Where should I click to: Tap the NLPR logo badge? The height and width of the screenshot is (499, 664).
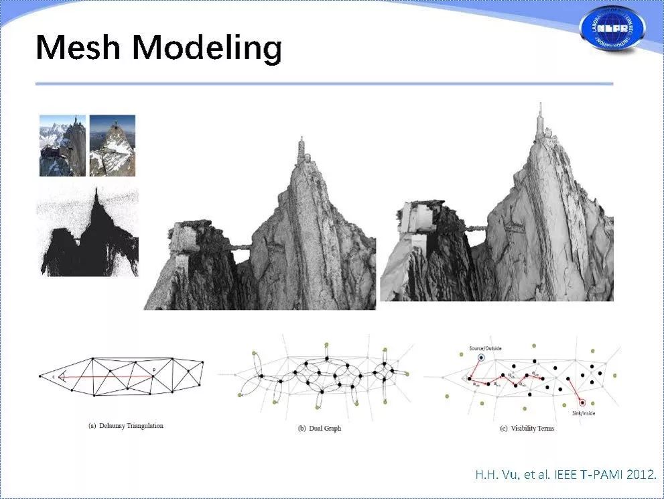pyautogui.click(x=612, y=29)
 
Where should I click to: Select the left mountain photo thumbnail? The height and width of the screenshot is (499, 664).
pyautogui.click(x=62, y=146)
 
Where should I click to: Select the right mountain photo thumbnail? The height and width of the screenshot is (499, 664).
pyautogui.click(x=113, y=146)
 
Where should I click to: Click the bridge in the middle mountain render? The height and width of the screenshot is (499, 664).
pyautogui.click(x=239, y=248)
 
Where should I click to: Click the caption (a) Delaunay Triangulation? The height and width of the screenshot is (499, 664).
pyautogui.click(x=125, y=426)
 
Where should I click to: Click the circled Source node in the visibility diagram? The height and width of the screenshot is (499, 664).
pyautogui.click(x=480, y=358)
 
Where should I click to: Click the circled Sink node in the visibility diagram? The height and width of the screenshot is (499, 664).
pyautogui.click(x=582, y=402)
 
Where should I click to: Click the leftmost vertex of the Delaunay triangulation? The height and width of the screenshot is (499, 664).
pyautogui.click(x=40, y=376)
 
